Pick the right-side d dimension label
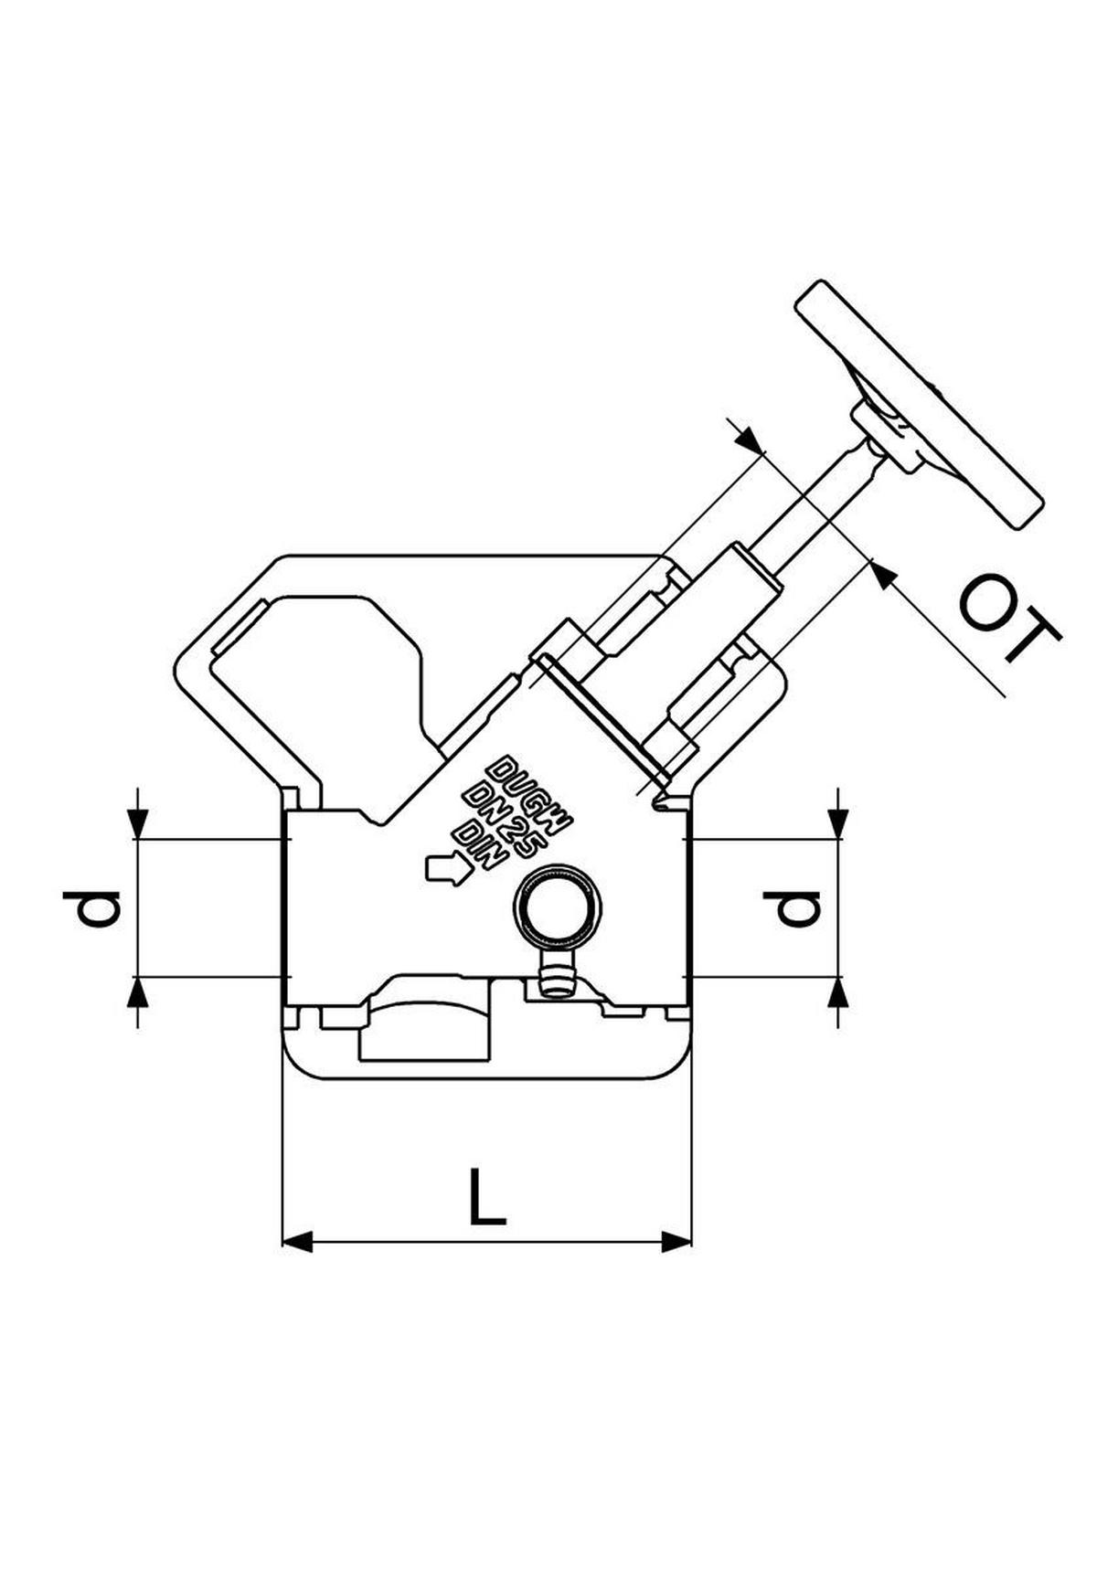(793, 908)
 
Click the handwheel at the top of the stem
(919, 404)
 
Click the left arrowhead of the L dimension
(298, 1241)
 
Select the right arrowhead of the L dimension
(676, 1241)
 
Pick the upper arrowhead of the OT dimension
(750, 440)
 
